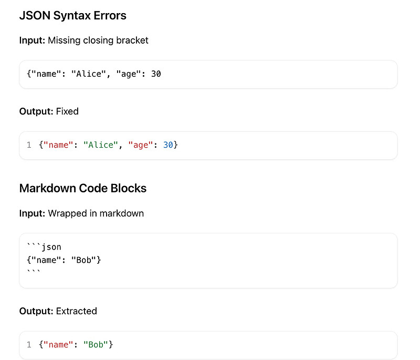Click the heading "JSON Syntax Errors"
coord(72,16)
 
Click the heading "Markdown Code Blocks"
coord(83,188)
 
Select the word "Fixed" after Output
coord(67,111)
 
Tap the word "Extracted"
coord(76,311)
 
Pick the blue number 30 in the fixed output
coord(168,145)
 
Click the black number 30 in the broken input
coord(156,74)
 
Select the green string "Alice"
coord(100,145)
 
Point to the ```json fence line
coord(44,246)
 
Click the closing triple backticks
coord(34,271)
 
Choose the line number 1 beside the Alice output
coord(29,145)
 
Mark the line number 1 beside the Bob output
coord(29,345)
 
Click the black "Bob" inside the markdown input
coord(83,260)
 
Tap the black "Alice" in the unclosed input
coord(88,74)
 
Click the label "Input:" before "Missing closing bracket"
coord(32,40)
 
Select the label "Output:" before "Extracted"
coord(36,311)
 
